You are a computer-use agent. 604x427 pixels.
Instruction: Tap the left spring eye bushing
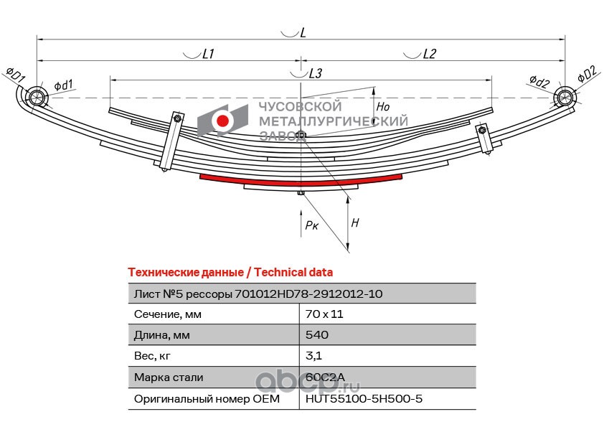[x=36, y=97]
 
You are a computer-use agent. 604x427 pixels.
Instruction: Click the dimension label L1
[x=208, y=54]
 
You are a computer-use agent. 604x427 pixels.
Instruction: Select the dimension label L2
[x=429, y=54]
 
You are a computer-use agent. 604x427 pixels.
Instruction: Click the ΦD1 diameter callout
[x=16, y=73]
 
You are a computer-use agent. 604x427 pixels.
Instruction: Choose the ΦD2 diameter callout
[x=586, y=73]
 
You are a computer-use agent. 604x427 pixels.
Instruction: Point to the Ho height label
[x=383, y=107]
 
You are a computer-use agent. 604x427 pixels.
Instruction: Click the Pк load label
[x=311, y=225]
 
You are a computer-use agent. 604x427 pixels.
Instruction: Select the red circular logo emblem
[x=223, y=121]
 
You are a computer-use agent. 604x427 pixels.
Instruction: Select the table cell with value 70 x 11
[x=321, y=314]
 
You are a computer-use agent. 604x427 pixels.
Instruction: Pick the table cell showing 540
[x=316, y=335]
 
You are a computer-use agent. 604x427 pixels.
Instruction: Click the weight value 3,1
[x=313, y=356]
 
